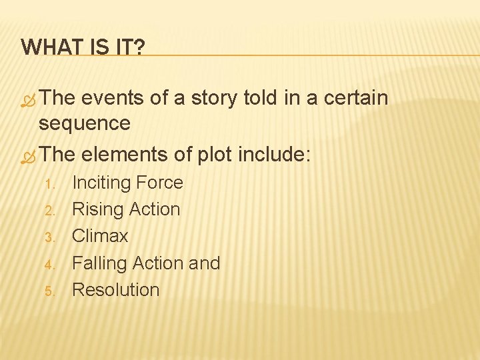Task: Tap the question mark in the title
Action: click(139, 47)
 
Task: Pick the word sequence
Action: click(84, 123)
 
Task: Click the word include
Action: click(277, 154)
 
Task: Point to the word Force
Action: click(159, 183)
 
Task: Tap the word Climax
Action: click(100, 236)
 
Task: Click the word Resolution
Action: click(115, 290)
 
